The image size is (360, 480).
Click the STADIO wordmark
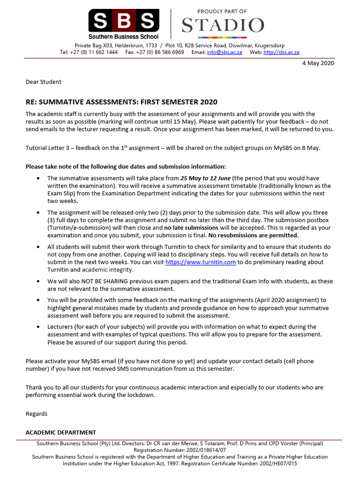click(x=223, y=25)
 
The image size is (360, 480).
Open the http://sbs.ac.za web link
click(x=281, y=52)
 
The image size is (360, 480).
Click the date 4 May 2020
click(x=318, y=63)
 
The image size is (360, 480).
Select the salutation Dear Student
click(x=43, y=82)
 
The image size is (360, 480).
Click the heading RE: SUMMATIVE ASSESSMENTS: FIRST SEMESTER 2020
click(x=121, y=102)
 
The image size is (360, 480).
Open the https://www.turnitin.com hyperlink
click(x=201, y=262)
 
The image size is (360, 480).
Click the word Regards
click(x=36, y=414)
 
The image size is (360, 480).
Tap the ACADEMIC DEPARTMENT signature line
click(x=60, y=433)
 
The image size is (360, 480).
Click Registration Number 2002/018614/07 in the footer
click(x=180, y=450)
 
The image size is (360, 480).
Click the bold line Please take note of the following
click(x=125, y=166)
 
